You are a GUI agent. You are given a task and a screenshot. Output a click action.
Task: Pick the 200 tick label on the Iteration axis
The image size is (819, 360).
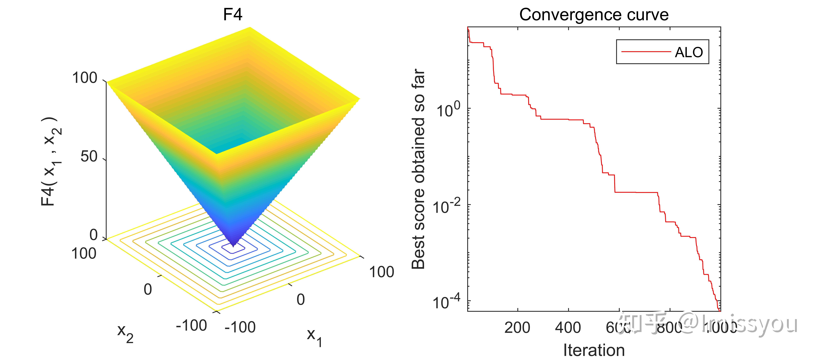click(517, 328)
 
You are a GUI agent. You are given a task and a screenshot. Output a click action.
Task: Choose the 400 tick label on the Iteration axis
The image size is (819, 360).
click(568, 328)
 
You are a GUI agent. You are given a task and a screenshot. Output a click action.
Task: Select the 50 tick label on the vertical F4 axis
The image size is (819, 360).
click(89, 156)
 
